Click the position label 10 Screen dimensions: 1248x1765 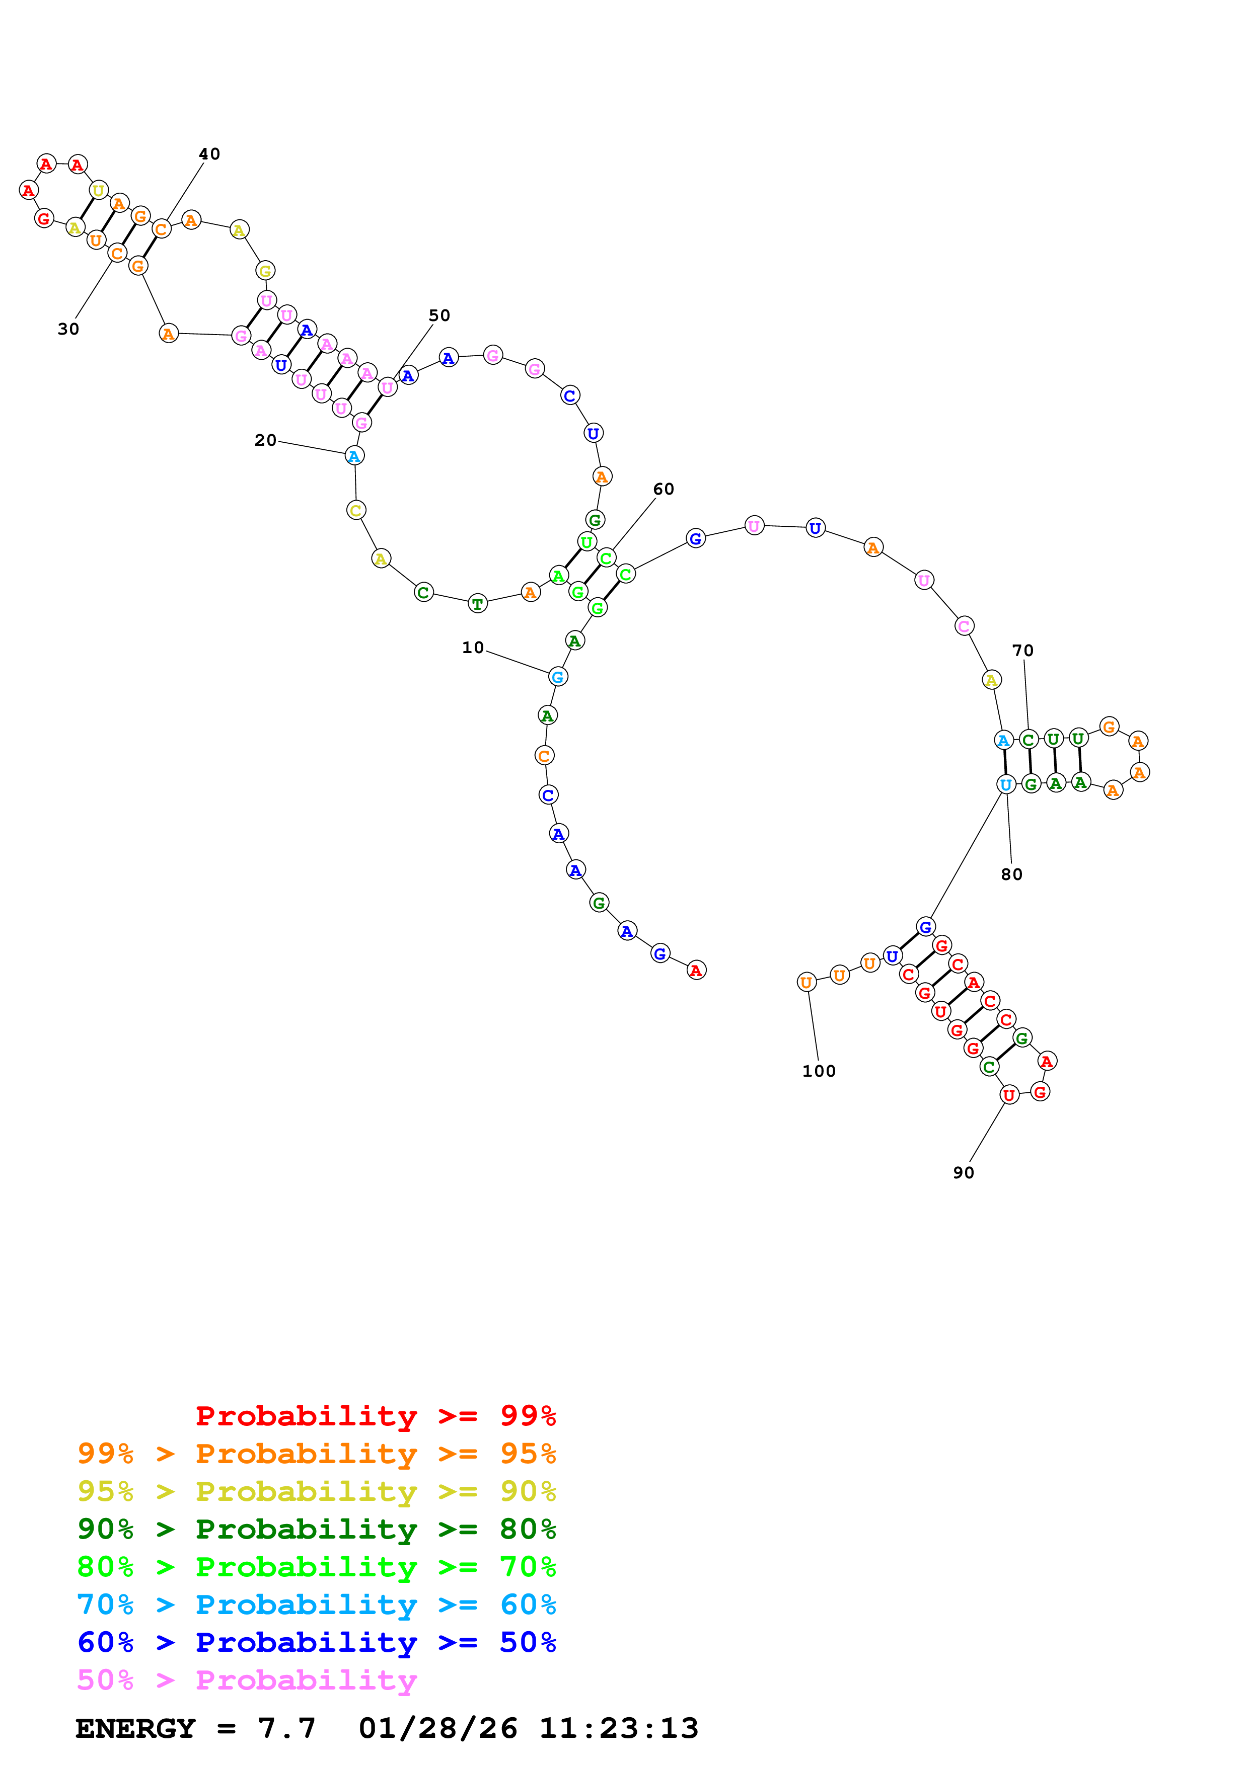point(473,648)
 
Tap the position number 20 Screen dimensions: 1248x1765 point(265,440)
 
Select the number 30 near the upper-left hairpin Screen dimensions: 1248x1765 point(68,329)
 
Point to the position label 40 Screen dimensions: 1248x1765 point(209,154)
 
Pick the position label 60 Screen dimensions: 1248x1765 point(664,489)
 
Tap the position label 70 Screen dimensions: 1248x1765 point(1022,651)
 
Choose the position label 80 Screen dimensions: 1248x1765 point(1012,875)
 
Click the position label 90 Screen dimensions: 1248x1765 point(964,1173)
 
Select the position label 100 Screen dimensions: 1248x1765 point(819,1072)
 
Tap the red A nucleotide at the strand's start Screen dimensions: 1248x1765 point(696,971)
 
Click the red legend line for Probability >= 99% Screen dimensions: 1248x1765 point(375,1416)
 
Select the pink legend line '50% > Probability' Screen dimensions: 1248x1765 point(247,1680)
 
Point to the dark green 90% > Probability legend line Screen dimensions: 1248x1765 point(316,1530)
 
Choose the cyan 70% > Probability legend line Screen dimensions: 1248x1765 point(316,1605)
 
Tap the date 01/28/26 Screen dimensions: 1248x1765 point(437,1729)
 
